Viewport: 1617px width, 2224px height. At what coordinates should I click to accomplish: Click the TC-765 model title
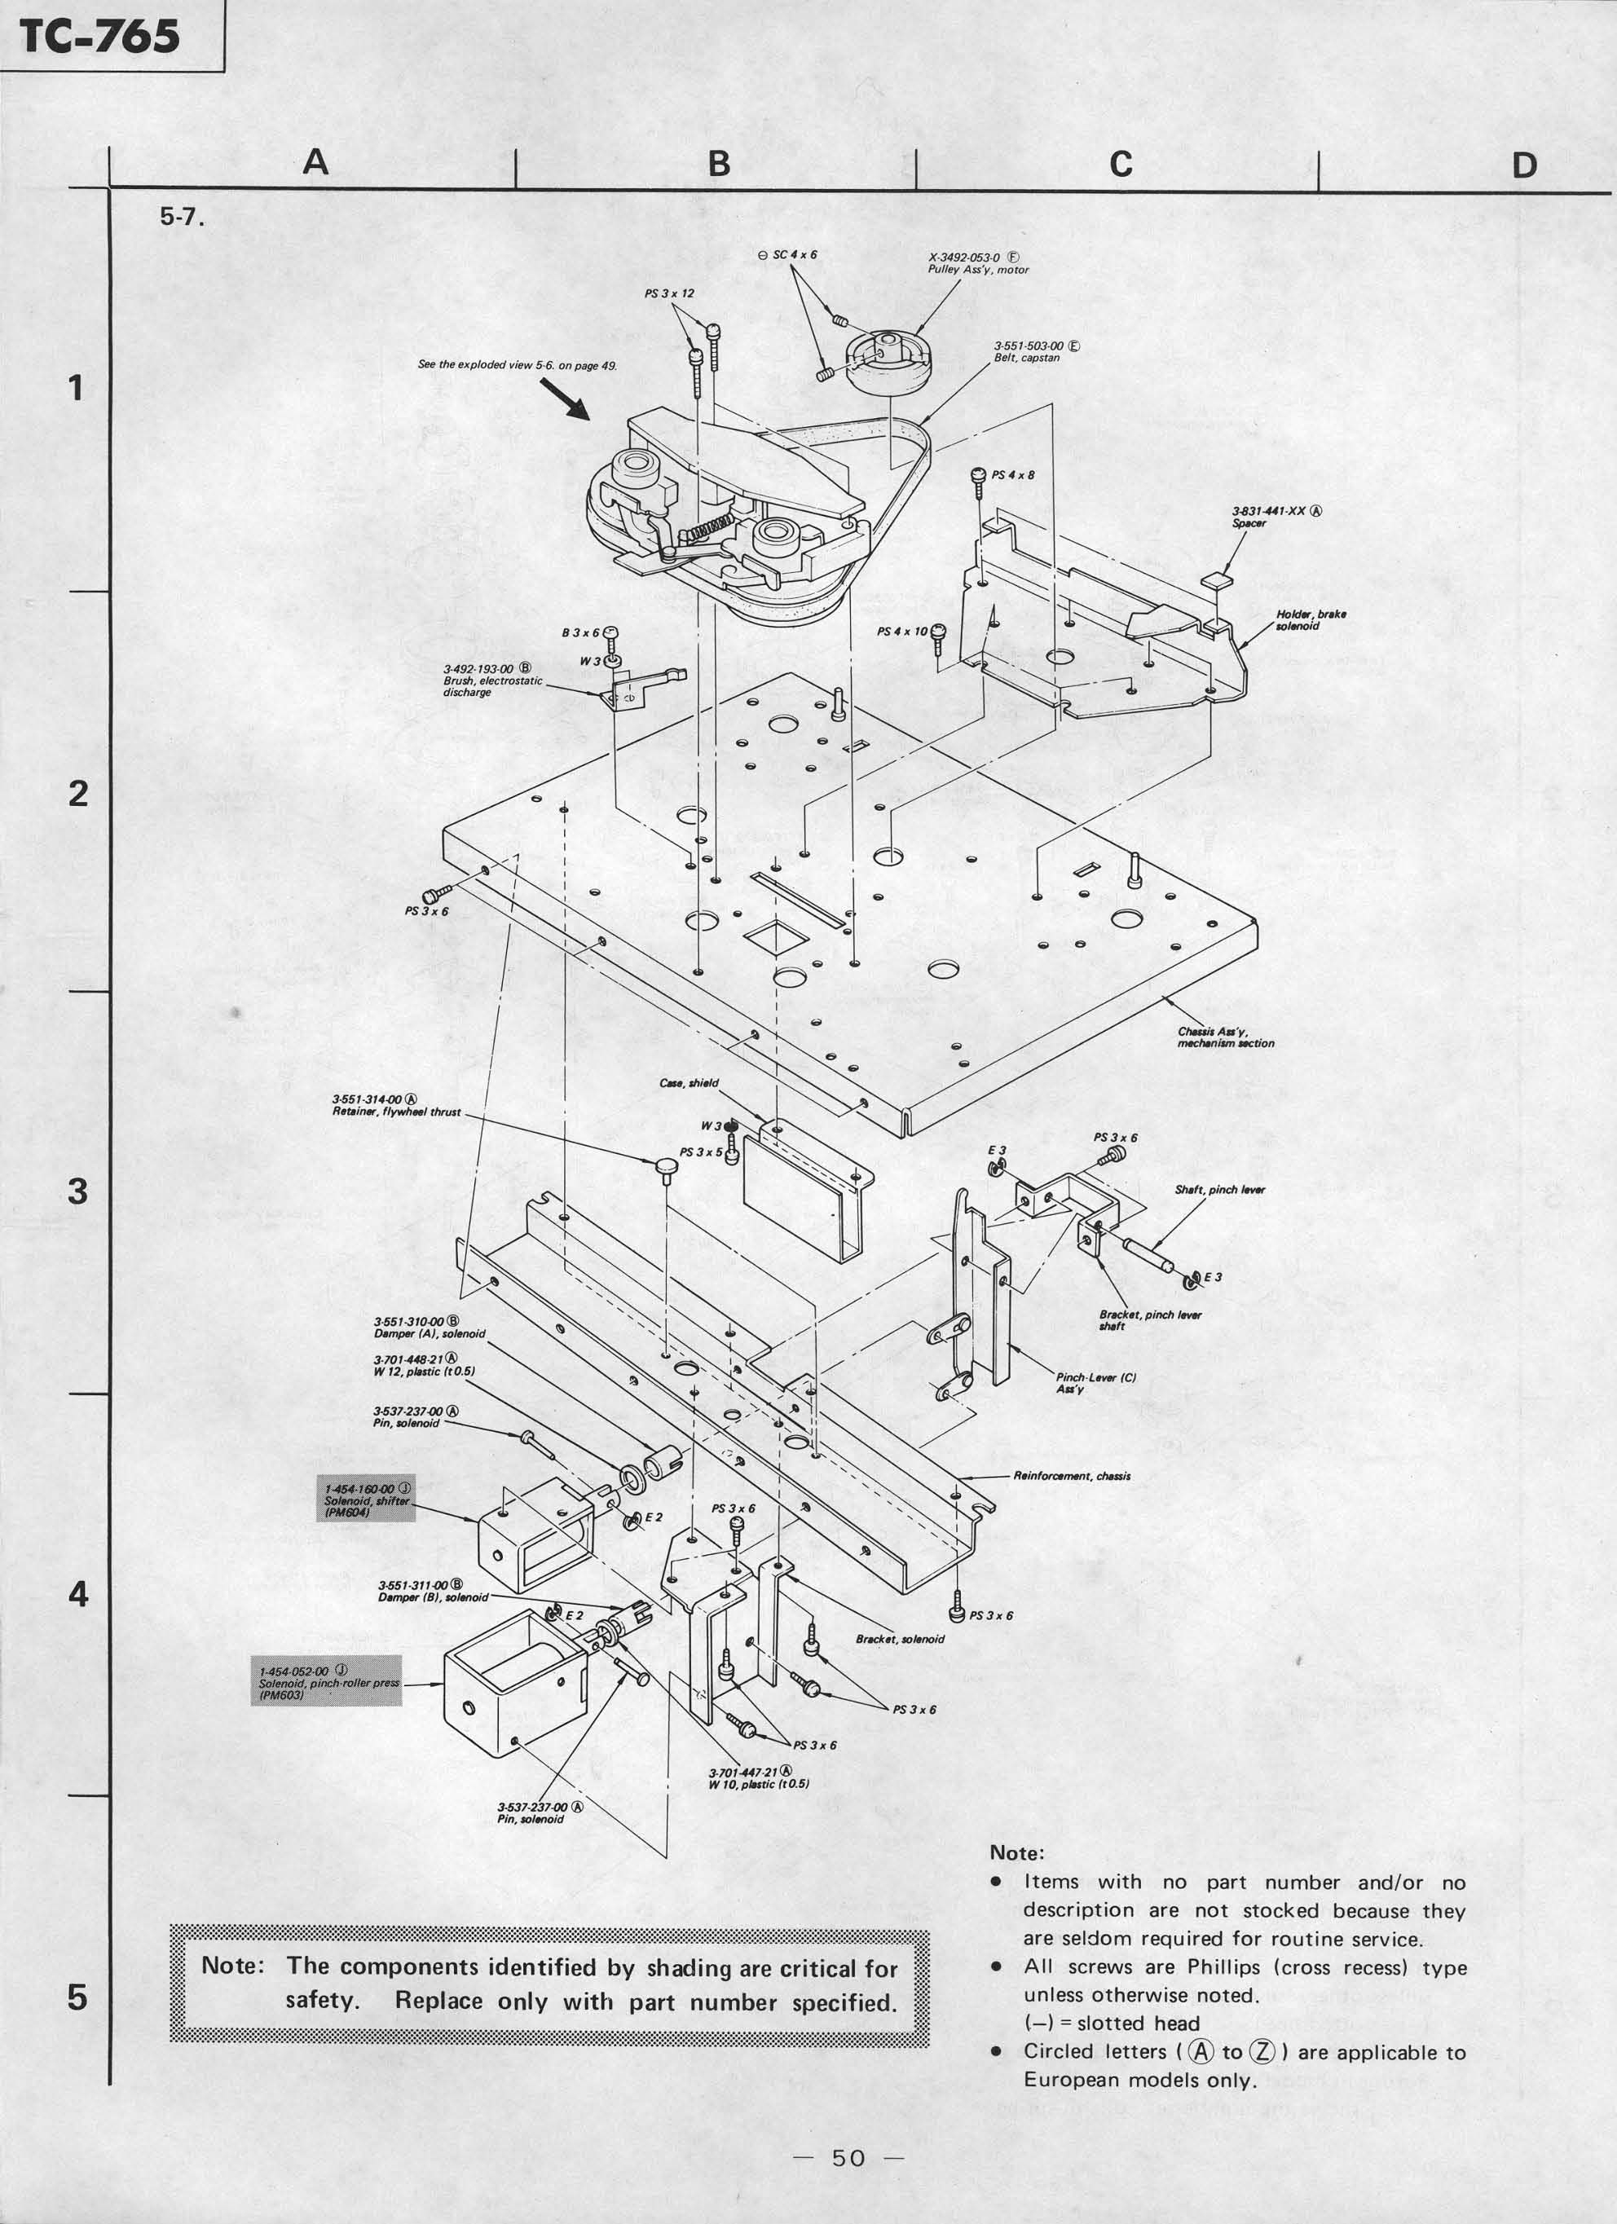point(101,37)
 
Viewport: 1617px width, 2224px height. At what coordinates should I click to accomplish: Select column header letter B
point(719,163)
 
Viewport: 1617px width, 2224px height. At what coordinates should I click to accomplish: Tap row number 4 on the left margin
point(77,1595)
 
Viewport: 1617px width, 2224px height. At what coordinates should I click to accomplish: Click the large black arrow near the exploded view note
point(565,399)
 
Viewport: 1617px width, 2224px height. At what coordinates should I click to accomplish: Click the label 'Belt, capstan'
point(1027,358)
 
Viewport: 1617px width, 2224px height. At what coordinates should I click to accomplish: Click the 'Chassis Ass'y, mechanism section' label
point(1225,1037)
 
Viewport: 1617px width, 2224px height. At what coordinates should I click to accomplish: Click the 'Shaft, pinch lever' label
point(1219,1191)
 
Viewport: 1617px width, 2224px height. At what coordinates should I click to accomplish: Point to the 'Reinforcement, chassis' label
point(1071,1476)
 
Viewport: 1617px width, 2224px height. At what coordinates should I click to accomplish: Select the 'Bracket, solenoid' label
point(899,1639)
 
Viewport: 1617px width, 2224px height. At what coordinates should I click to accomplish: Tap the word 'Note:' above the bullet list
point(1017,1852)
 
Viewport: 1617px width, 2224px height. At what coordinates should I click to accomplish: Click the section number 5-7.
point(183,218)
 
